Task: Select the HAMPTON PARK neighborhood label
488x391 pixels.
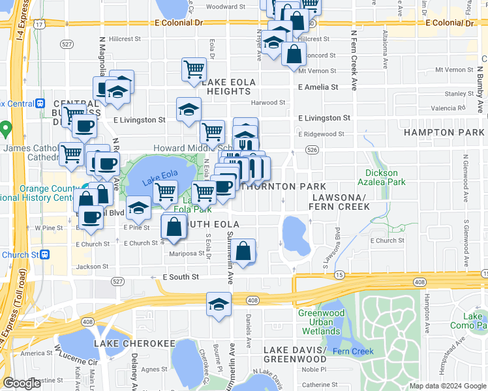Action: pos(444,132)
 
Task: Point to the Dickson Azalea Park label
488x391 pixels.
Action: pos(382,178)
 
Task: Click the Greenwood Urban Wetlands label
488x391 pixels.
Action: pos(321,317)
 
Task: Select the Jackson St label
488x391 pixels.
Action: pos(91,267)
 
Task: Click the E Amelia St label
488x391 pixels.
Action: pos(318,87)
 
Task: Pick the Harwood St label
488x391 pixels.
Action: pos(268,102)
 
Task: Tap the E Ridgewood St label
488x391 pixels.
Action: pos(321,134)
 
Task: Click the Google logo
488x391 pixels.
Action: pos(22,383)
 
